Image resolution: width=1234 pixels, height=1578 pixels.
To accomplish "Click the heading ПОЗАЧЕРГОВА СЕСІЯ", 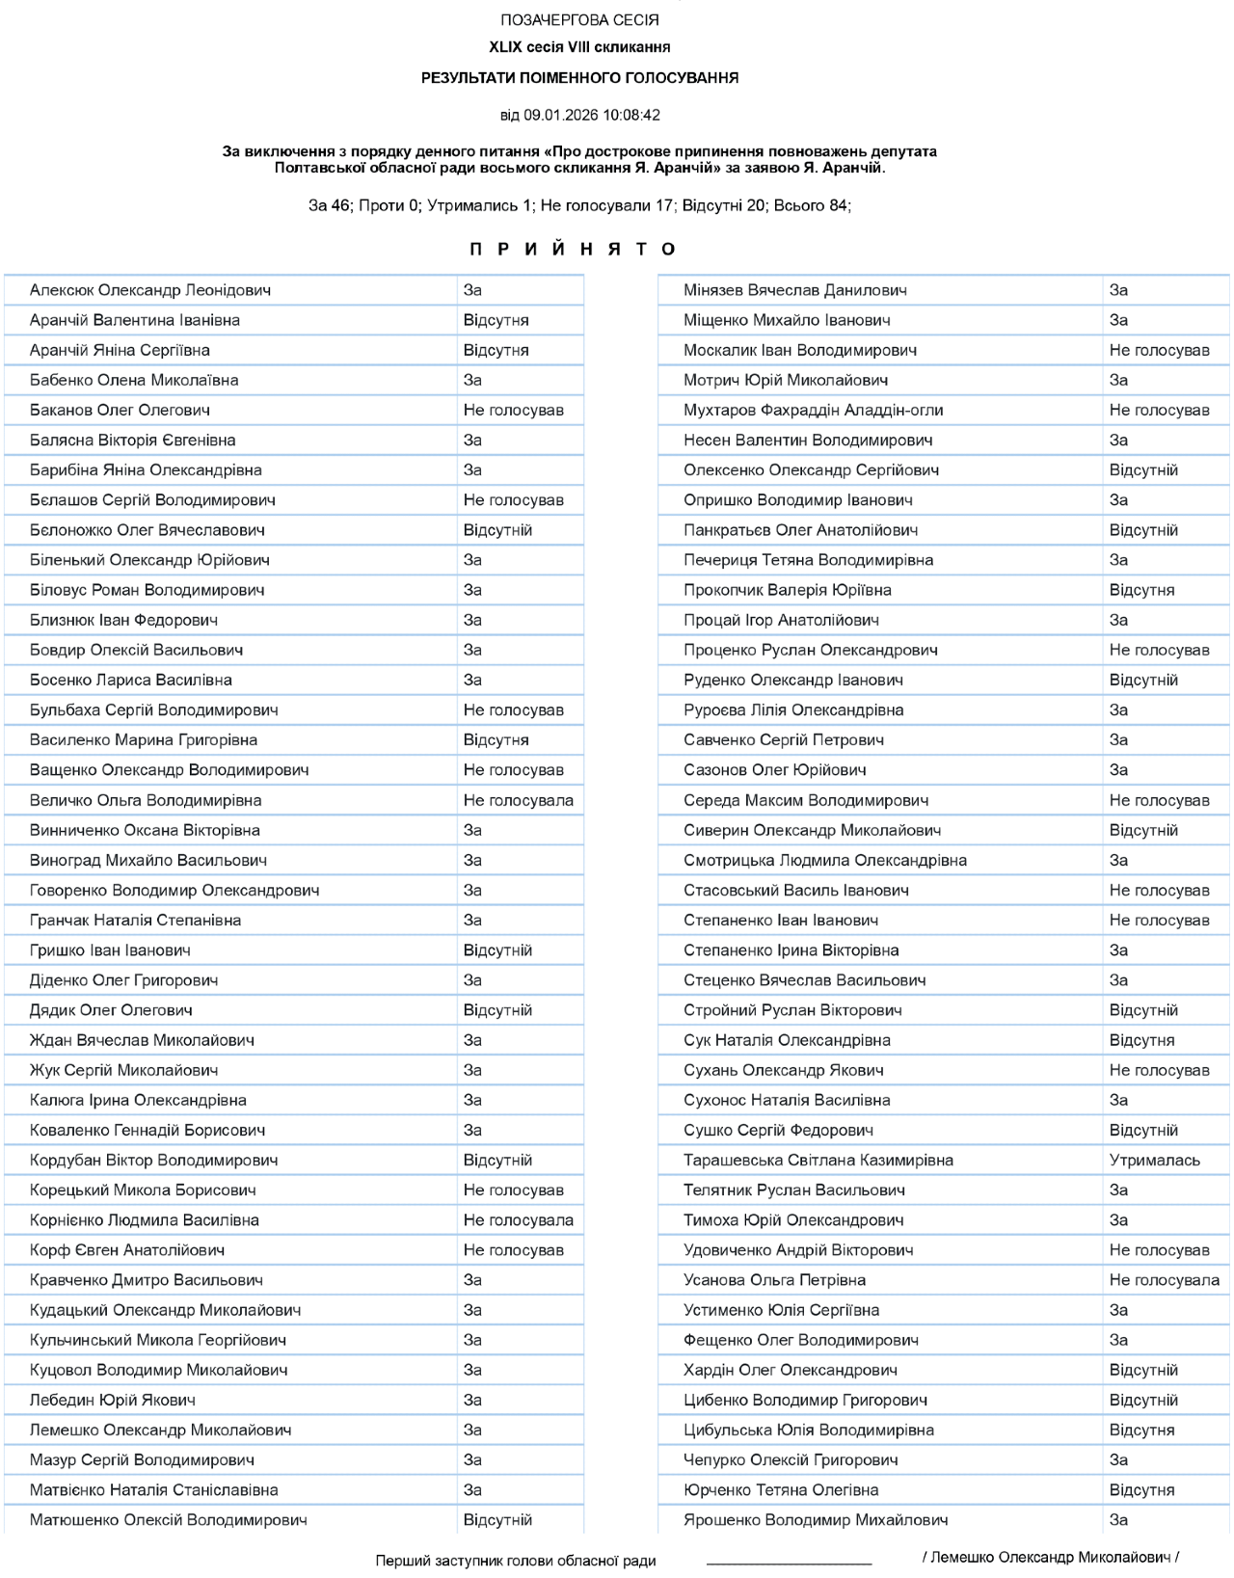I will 579,20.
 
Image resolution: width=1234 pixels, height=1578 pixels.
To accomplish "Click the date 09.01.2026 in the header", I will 561,115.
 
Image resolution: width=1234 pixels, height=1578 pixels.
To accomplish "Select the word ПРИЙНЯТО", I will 574,249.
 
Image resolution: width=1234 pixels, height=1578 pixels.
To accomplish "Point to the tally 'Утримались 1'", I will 479,205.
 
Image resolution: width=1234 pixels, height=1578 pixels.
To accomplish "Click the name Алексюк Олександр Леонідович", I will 149,290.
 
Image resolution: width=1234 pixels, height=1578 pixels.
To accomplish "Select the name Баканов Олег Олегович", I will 120,410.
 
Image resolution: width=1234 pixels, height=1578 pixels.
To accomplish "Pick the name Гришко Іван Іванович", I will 110,950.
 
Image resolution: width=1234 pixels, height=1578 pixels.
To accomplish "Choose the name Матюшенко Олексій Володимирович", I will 168,1520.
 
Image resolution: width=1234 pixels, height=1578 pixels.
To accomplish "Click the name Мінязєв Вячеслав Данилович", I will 794,290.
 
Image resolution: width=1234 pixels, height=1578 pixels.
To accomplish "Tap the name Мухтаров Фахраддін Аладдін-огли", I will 813,410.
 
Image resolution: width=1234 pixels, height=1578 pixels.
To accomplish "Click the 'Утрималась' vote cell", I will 1154,1160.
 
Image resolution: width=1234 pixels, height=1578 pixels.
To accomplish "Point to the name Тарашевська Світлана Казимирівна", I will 818,1160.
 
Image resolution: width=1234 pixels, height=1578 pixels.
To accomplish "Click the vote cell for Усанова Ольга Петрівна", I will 1164,1280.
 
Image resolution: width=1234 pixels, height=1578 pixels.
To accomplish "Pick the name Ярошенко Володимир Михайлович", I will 816,1520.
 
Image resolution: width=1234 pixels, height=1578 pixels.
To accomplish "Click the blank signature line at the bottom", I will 789,1559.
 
